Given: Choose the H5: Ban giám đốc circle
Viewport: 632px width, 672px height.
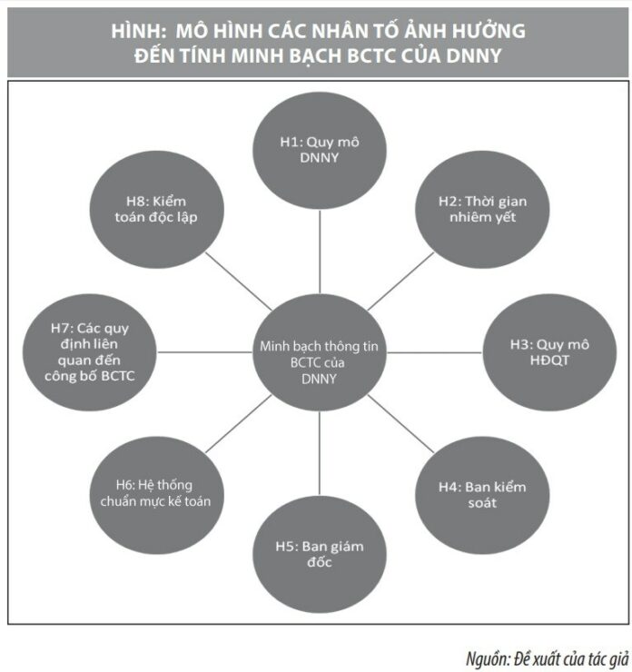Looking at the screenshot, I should tap(319, 553).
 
